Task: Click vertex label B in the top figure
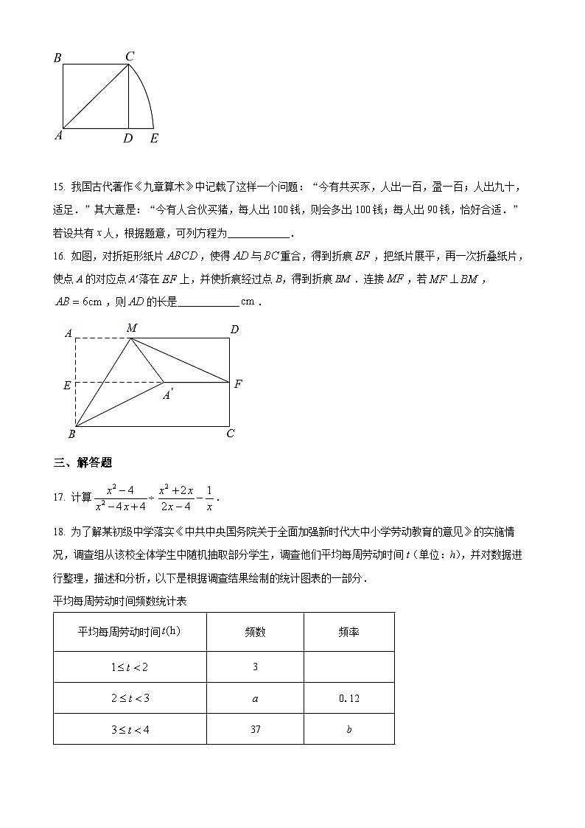point(57,58)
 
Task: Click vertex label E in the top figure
point(153,138)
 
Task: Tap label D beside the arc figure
point(128,138)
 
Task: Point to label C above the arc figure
point(129,56)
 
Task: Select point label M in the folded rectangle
point(131,327)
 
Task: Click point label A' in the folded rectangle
point(168,395)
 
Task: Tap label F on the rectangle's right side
point(238,383)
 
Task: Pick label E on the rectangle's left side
point(67,385)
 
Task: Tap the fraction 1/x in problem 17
point(209,497)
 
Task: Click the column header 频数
point(255,632)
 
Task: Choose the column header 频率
point(348,632)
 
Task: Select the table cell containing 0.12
point(348,697)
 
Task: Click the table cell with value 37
point(255,729)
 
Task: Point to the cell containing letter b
point(348,729)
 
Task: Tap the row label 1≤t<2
point(130,667)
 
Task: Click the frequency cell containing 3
point(255,667)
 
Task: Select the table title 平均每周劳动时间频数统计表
point(120,601)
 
